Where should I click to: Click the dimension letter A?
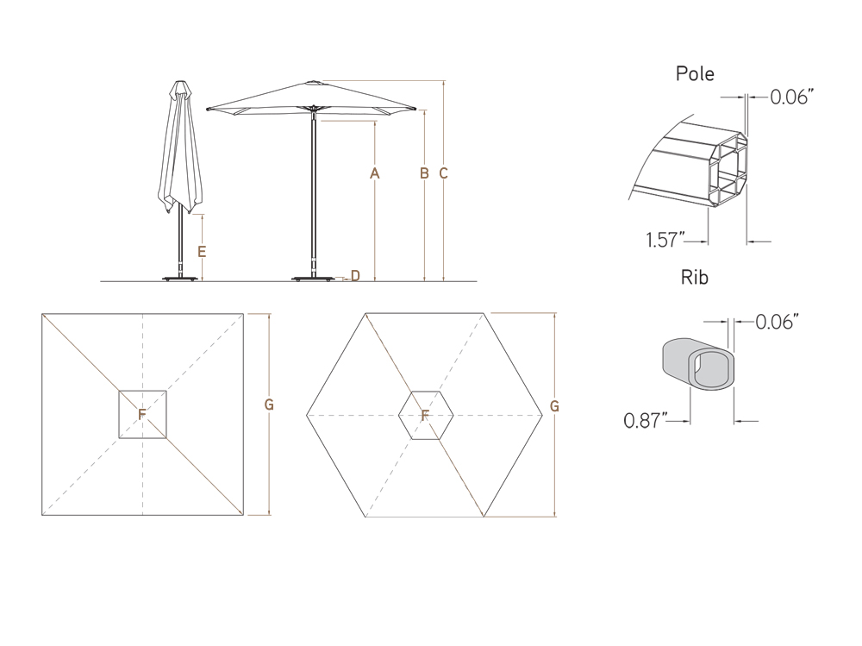pyautogui.click(x=375, y=173)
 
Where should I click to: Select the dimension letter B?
pyautogui.click(x=424, y=173)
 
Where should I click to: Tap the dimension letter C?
pyautogui.click(x=443, y=173)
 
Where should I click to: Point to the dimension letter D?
pyautogui.click(x=355, y=275)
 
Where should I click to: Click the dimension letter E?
pyautogui.click(x=201, y=252)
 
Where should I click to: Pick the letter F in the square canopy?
pyautogui.click(x=142, y=415)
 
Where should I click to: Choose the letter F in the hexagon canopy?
pyautogui.click(x=425, y=415)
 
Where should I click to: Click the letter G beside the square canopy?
pyautogui.click(x=270, y=405)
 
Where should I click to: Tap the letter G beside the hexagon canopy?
pyautogui.click(x=554, y=405)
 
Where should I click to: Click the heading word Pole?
pyautogui.click(x=695, y=74)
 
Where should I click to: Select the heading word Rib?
pyautogui.click(x=695, y=277)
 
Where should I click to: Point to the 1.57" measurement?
pyautogui.click(x=665, y=240)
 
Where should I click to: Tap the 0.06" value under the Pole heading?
pyautogui.click(x=792, y=97)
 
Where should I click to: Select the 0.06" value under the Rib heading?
pyautogui.click(x=777, y=322)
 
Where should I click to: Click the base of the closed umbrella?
pyautogui.click(x=180, y=278)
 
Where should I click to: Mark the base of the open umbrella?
pyautogui.click(x=312, y=278)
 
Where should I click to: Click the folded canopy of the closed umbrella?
pyautogui.click(x=179, y=151)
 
